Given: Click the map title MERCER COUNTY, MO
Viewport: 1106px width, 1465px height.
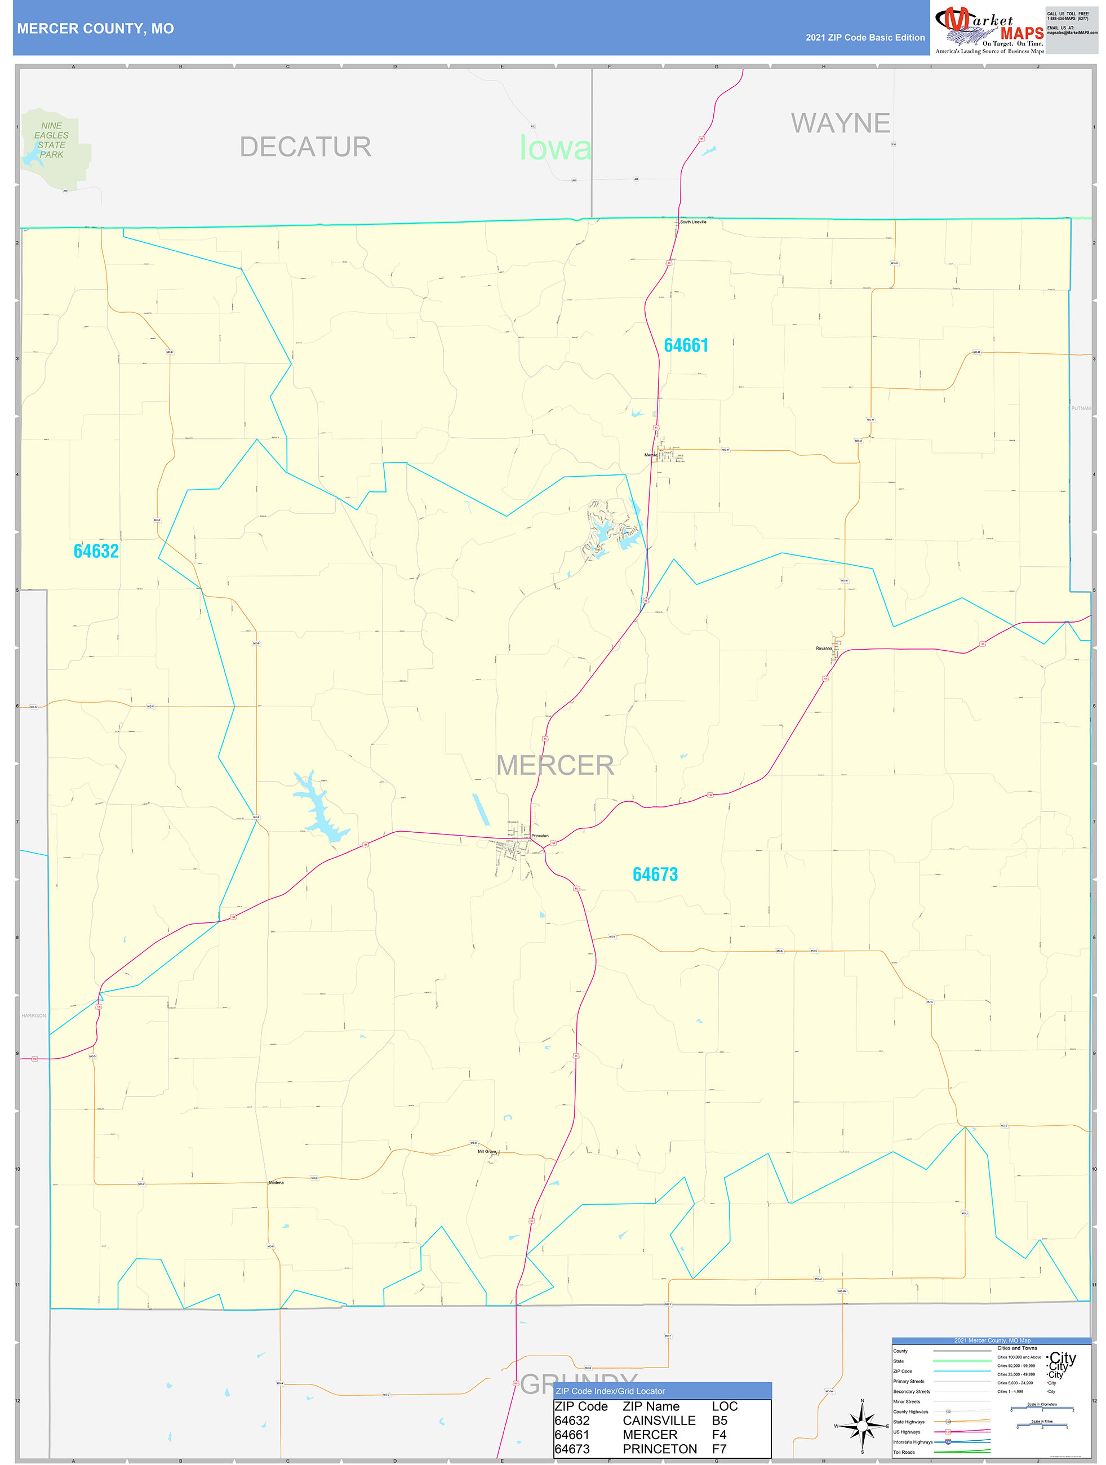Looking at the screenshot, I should point(95,29).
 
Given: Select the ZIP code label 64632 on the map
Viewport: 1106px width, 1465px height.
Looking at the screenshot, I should point(96,551).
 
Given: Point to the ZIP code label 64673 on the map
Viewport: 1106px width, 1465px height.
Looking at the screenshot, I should point(655,874).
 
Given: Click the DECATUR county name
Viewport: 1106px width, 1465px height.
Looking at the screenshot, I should point(305,146).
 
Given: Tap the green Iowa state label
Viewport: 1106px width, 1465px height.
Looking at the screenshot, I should point(555,148).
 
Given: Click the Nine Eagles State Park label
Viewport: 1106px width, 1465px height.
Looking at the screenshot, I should point(51,140).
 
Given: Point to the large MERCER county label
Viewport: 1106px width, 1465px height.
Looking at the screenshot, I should point(555,765).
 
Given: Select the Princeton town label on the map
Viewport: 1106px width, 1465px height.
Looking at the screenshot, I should point(540,836).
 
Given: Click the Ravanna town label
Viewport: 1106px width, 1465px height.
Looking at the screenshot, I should point(823,649).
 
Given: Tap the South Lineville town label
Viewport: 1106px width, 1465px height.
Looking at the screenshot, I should point(693,222).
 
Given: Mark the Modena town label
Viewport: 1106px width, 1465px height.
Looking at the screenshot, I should point(276,1182).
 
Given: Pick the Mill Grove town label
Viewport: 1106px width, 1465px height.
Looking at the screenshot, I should point(487,1151).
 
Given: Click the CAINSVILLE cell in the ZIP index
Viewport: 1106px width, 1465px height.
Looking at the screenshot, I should point(659,1420).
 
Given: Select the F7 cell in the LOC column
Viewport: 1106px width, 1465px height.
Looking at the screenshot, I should point(719,1449).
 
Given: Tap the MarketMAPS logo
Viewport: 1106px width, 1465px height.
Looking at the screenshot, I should point(989,30).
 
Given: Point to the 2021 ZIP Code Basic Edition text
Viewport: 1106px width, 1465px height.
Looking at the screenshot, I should point(865,38).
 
